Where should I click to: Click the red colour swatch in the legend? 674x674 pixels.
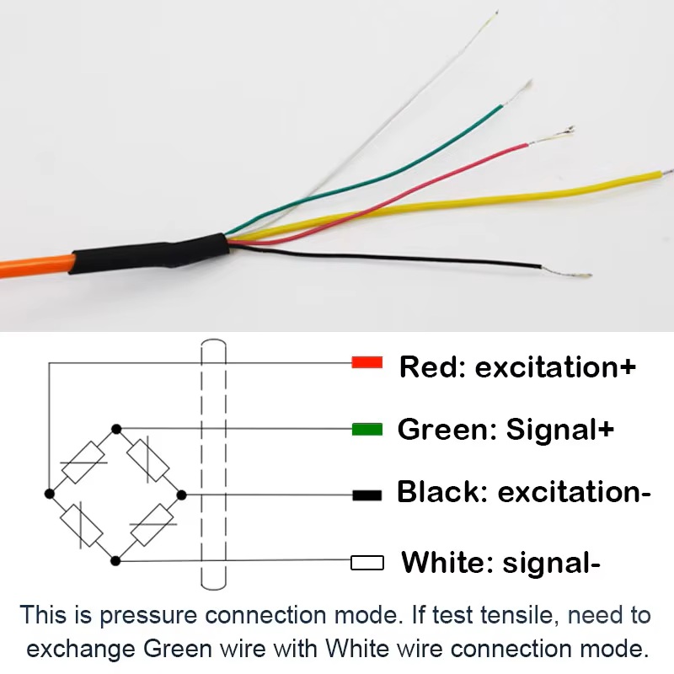tap(367, 363)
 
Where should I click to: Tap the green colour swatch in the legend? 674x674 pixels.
tap(367, 430)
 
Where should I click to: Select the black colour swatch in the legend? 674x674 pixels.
tap(367, 495)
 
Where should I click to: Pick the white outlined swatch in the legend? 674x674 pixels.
tap(367, 562)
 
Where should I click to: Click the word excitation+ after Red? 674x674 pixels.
tap(555, 367)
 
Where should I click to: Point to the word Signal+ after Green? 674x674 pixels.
tap(559, 430)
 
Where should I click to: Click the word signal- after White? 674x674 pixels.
tap(551, 562)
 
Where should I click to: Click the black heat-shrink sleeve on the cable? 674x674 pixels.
tap(152, 254)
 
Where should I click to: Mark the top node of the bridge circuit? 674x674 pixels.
tap(116, 428)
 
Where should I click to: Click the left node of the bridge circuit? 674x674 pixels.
tap(50, 493)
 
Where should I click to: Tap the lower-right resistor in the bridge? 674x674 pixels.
tap(152, 527)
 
